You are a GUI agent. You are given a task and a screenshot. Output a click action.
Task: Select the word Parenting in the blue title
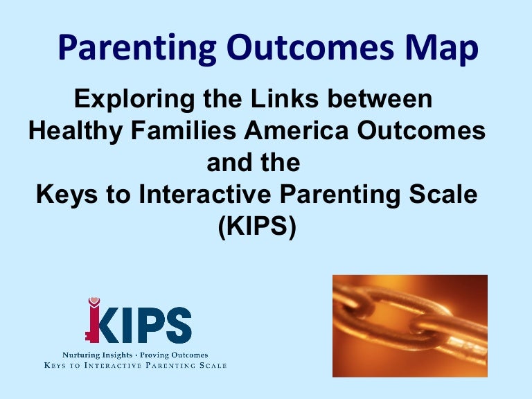coord(137,48)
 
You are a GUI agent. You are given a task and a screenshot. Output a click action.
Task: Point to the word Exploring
coord(134,100)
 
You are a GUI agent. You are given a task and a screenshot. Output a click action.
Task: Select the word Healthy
coord(76,132)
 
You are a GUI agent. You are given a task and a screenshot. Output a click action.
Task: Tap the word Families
coord(183,131)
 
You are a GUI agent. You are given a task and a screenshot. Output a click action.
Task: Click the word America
coord(296,131)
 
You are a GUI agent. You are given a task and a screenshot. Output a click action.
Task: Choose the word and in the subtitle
coord(229,163)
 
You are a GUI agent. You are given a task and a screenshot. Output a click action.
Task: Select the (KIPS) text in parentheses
coord(257,227)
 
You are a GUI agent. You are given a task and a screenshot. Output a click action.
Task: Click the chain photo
coord(410,326)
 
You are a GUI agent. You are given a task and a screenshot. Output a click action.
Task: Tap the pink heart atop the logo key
coord(94,301)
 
